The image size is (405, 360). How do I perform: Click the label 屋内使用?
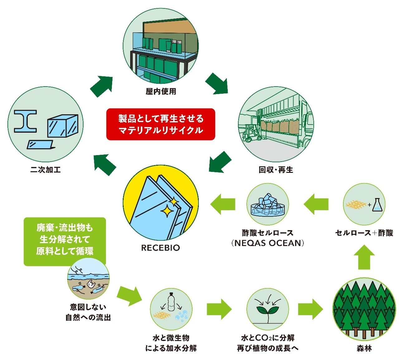pos(161,92)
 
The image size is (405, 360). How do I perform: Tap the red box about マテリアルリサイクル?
pos(161,124)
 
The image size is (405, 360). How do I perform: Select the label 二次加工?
pos(46,170)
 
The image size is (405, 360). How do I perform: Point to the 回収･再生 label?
pos(276,170)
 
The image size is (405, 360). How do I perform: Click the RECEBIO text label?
pos(161,248)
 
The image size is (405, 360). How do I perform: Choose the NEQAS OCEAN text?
pos(268,243)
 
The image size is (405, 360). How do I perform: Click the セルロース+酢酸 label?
pos(364,233)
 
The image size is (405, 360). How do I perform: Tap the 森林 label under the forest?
pos(364,348)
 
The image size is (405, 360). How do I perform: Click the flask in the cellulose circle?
pos(379,205)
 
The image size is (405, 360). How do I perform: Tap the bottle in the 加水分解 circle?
pos(171,301)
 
